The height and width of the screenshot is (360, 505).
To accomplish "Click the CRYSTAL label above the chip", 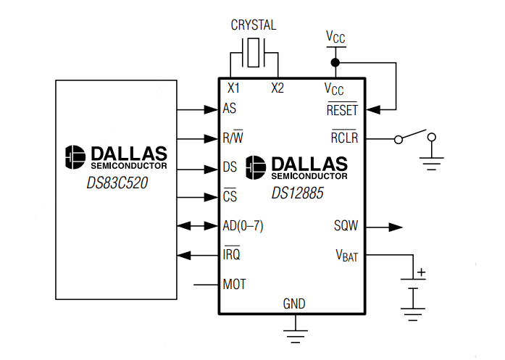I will [253, 25].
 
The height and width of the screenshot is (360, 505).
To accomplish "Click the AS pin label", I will [230, 109].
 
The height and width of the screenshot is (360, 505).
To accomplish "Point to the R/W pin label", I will [233, 138].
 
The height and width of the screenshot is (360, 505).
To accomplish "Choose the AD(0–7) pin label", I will [243, 226].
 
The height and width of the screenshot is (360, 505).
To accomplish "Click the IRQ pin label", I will [232, 255].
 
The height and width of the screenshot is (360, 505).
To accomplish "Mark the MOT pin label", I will [235, 285].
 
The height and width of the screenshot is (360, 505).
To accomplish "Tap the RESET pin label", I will [342, 111].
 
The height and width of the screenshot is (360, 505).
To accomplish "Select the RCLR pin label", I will [344, 138].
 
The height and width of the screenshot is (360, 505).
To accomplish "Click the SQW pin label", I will [346, 226].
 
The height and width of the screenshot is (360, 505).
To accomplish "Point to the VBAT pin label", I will [346, 256].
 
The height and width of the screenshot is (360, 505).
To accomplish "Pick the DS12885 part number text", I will [297, 193].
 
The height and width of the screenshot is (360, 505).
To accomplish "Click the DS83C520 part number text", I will [117, 183].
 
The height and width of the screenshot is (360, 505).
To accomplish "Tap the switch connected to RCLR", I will [415, 136].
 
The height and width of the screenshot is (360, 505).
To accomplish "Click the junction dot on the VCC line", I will [335, 62].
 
